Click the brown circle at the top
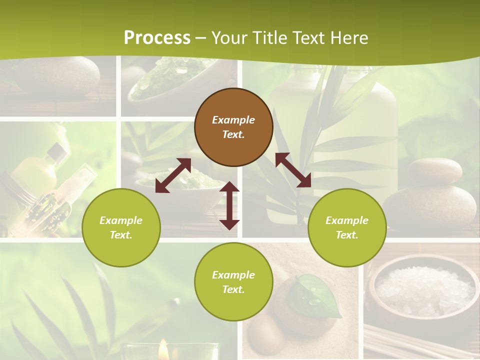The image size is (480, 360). click(x=233, y=127)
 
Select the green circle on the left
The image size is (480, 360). click(x=121, y=227)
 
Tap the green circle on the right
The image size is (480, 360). click(x=347, y=227)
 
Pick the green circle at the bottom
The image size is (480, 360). click(x=233, y=282)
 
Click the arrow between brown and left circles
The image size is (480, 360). click(x=173, y=175)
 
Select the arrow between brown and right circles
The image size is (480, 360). click(x=293, y=170)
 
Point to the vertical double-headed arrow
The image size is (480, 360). click(x=229, y=205)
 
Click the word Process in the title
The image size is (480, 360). click(x=157, y=38)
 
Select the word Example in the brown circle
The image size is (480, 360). click(x=233, y=120)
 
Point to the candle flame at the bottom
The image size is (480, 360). click(x=163, y=348)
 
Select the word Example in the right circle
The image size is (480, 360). click(x=347, y=220)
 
